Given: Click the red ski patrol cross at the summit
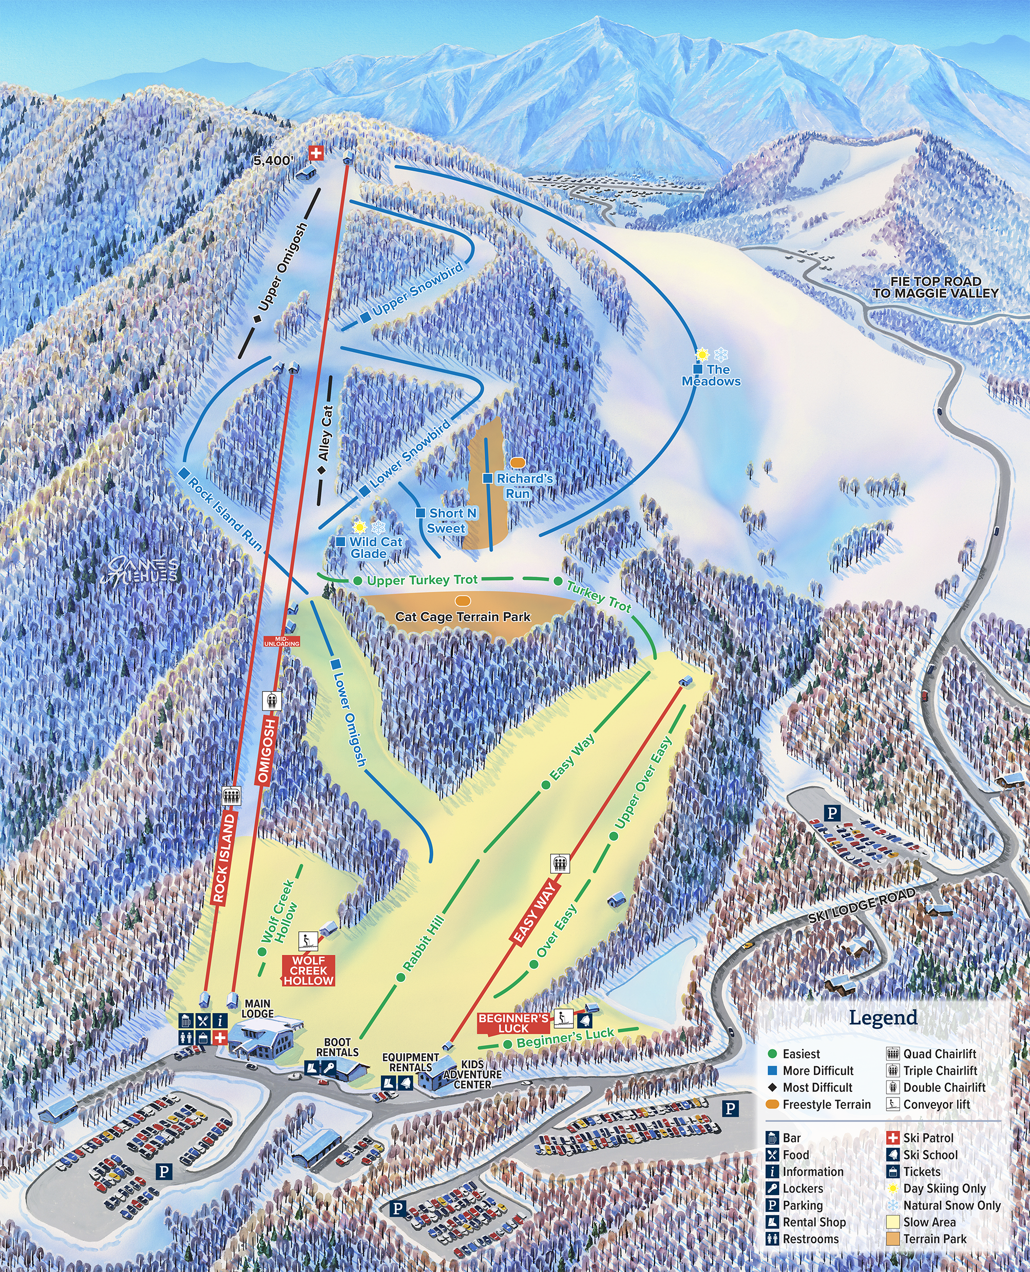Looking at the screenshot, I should [316, 153].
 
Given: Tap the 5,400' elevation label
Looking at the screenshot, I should [273, 161].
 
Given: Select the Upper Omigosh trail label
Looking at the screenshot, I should [283, 267].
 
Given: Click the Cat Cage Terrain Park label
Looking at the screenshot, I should [462, 616].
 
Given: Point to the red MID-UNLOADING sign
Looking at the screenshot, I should [282, 641].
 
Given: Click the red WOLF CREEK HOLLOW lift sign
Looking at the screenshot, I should [309, 971].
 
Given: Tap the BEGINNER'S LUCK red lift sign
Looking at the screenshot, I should [513, 1023].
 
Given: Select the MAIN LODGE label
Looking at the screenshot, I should [258, 1009].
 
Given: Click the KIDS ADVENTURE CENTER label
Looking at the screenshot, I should [472, 1074].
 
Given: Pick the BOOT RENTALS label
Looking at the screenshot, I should [337, 1047].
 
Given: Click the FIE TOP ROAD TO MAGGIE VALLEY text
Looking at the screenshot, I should [935, 287].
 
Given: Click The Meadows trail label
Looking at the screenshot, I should [712, 375].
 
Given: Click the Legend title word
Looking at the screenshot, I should [883, 1017].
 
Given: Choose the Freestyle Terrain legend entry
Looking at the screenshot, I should [826, 1104].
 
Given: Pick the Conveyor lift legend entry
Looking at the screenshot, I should [936, 1104].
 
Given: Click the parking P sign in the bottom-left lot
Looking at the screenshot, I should [164, 1171].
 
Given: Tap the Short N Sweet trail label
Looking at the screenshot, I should [449, 521].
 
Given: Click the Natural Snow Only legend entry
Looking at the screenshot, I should [951, 1206].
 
